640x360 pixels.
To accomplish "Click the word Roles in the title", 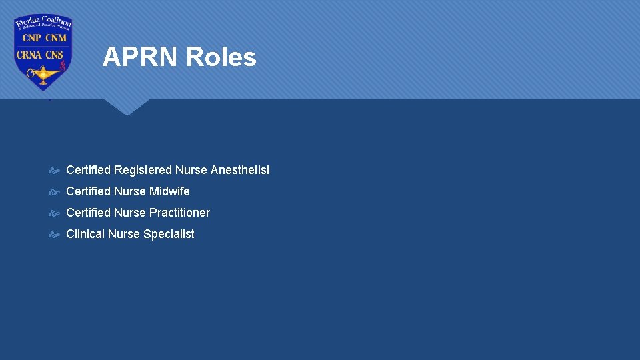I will (221, 57).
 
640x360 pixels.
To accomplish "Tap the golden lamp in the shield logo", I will (43, 73).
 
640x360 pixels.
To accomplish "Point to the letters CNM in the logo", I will (55, 39).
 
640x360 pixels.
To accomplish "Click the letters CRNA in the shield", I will (30, 55).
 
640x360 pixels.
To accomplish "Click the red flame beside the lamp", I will (62, 67).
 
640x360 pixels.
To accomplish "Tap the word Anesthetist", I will (240, 170).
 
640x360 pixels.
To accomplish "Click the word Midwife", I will (169, 191).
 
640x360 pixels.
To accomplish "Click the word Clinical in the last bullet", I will (85, 234).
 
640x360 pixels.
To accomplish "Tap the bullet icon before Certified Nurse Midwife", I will (55, 191).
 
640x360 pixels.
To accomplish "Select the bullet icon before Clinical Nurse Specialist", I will (55, 234).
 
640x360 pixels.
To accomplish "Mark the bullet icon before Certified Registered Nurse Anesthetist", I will (55, 170).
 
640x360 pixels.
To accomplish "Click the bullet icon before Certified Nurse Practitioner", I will (55, 213).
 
